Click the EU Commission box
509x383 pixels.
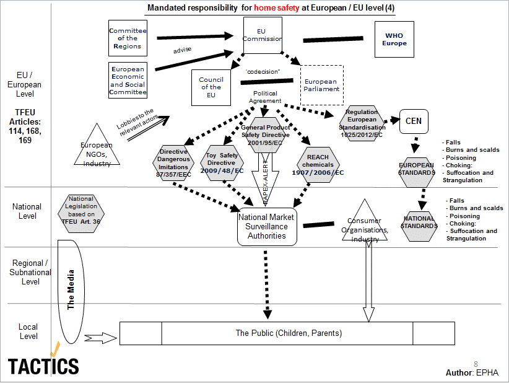pyautogui.click(x=262, y=35)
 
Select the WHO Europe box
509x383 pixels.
pyautogui.click(x=394, y=40)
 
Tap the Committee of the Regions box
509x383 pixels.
pyautogui.click(x=127, y=38)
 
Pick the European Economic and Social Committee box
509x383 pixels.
pyautogui.click(x=128, y=80)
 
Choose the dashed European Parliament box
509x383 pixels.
pyautogui.click(x=321, y=85)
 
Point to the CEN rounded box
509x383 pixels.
pyautogui.click(x=414, y=121)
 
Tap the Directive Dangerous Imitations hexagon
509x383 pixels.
pyautogui.click(x=173, y=164)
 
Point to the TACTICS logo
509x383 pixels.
pyautogui.click(x=43, y=364)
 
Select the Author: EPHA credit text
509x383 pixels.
pyautogui.click(x=472, y=372)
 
